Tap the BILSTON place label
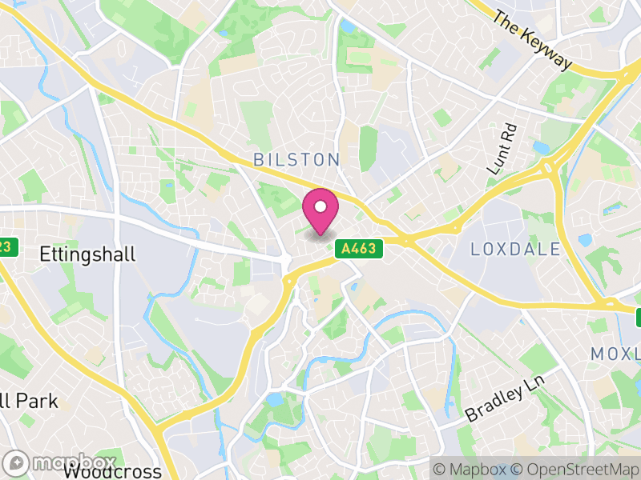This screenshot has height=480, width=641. [296, 159]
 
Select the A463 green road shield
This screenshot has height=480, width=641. [358, 249]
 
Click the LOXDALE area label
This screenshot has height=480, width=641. [515, 249]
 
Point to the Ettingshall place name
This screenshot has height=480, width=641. [87, 254]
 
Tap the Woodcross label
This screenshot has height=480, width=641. [111, 471]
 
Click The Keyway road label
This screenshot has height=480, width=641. [533, 39]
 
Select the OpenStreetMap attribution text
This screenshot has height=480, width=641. [575, 469]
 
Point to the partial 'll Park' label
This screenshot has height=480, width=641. [29, 400]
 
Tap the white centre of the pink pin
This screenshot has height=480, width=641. [320, 206]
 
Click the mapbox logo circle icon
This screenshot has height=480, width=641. [16, 463]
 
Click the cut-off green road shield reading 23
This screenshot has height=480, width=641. [6, 246]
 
